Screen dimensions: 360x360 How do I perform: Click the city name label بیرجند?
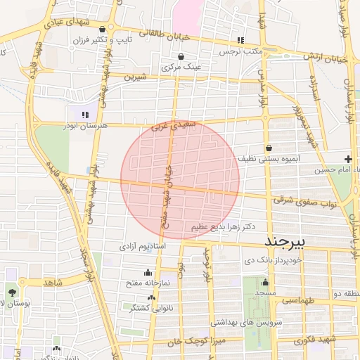pyautogui.click(x=287, y=242)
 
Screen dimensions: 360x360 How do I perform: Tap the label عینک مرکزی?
pyautogui.click(x=181, y=67)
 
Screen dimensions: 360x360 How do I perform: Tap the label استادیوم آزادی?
pyautogui.click(x=141, y=247)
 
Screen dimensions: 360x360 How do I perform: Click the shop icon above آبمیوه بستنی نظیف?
pyautogui.click(x=269, y=148)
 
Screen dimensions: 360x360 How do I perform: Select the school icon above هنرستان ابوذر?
pyautogui.click(x=84, y=113)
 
